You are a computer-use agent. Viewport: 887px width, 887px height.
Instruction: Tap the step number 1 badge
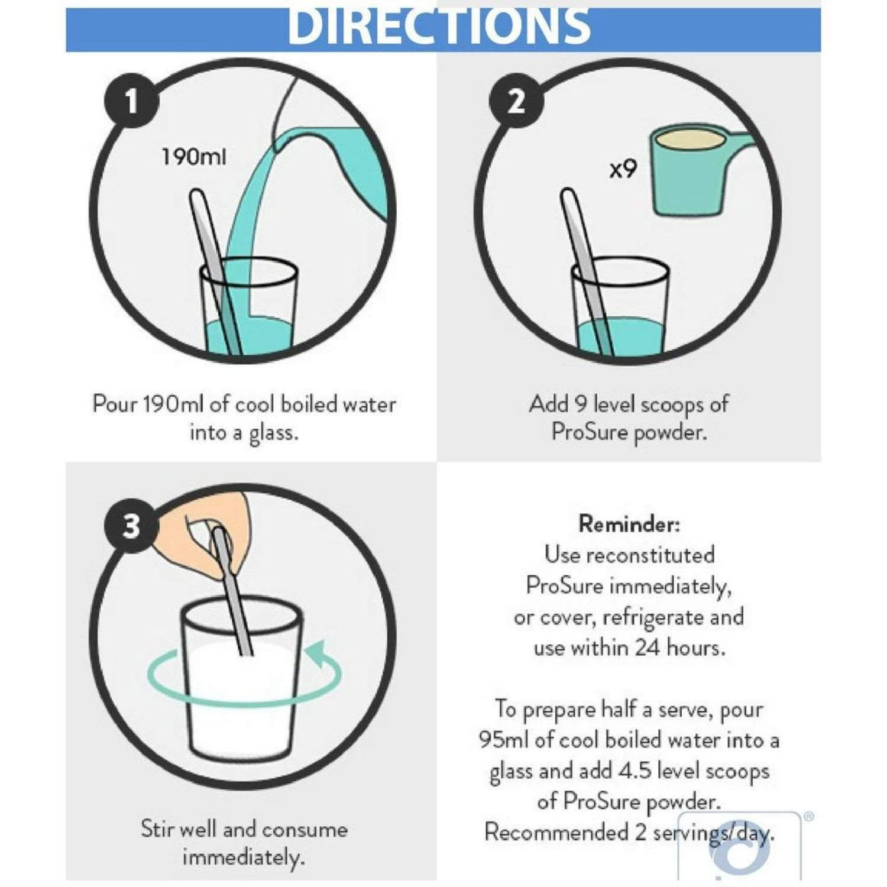(131, 100)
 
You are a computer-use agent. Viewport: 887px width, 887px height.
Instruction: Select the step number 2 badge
(516, 101)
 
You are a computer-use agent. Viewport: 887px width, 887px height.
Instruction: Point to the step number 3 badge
(131, 525)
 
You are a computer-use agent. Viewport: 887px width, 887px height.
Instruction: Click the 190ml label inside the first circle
(194, 157)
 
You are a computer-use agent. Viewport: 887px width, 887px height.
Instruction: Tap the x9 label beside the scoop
(623, 170)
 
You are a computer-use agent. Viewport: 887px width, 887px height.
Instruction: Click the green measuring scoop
(698, 171)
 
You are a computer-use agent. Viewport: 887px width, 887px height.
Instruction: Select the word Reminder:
(629, 524)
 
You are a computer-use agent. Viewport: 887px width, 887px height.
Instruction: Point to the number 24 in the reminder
(648, 648)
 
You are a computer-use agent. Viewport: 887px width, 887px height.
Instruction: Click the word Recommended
(556, 832)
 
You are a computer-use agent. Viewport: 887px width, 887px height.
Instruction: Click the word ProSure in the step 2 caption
(590, 432)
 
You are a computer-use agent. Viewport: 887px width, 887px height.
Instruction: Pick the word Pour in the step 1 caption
(115, 404)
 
